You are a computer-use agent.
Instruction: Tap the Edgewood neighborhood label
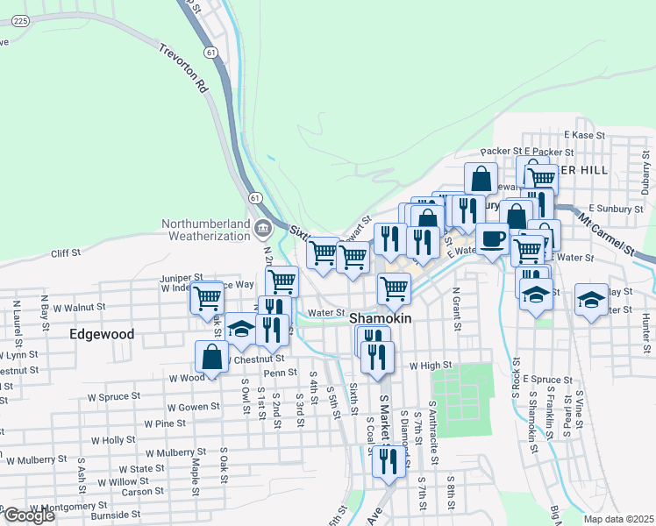pyautogui.click(x=103, y=334)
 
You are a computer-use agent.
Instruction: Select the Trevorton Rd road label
pyautogui.click(x=183, y=75)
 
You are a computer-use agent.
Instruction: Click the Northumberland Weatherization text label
pyautogui.click(x=206, y=230)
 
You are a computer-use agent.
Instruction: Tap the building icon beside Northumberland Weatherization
pyautogui.click(x=262, y=230)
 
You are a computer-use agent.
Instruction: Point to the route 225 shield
pyautogui.click(x=21, y=20)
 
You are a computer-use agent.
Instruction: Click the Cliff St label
pyautogui.click(x=65, y=252)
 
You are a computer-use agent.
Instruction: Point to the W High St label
pyautogui.click(x=430, y=365)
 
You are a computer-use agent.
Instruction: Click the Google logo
pyautogui.click(x=29, y=515)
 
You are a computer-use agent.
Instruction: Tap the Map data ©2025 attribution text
pyautogui.click(x=618, y=519)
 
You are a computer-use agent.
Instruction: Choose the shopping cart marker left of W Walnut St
pyautogui.click(x=207, y=298)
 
